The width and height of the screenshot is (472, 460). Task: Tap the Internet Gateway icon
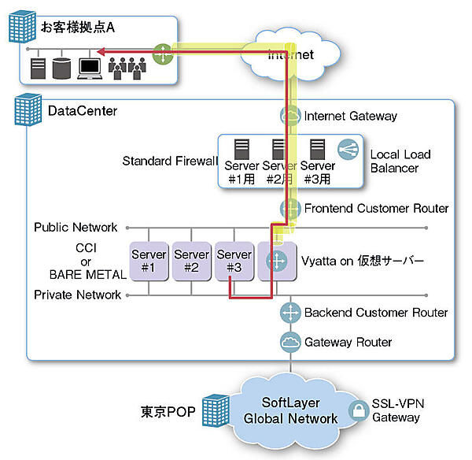click(x=290, y=115)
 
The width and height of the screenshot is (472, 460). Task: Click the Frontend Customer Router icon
click(x=290, y=209)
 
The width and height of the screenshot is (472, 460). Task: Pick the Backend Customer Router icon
click(x=290, y=313)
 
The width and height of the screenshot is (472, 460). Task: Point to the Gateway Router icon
click(x=290, y=342)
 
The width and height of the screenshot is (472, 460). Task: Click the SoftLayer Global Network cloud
click(x=290, y=411)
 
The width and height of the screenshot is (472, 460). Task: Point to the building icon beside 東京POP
click(x=213, y=411)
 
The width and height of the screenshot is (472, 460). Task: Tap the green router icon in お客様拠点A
click(x=162, y=54)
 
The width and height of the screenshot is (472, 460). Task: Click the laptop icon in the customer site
click(x=88, y=69)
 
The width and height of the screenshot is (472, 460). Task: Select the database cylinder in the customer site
click(x=61, y=69)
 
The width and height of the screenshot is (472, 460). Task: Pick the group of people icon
click(x=127, y=69)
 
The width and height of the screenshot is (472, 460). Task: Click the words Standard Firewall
click(x=169, y=161)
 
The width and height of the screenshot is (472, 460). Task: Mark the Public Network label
click(x=76, y=228)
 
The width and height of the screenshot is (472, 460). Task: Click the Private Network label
click(x=77, y=295)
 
